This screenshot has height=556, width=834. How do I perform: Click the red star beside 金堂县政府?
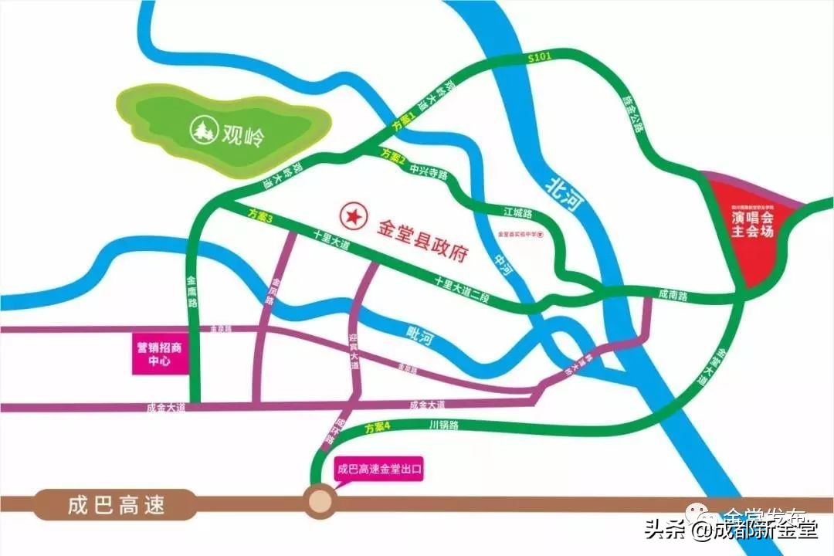[x=353, y=215]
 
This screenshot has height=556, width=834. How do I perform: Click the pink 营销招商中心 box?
[x=160, y=354]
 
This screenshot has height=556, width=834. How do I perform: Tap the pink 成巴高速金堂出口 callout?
[x=381, y=468]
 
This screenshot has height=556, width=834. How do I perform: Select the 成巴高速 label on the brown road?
[x=116, y=507]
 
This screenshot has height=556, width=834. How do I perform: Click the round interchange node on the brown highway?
[x=319, y=503]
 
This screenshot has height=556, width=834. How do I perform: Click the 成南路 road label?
[x=672, y=294]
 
